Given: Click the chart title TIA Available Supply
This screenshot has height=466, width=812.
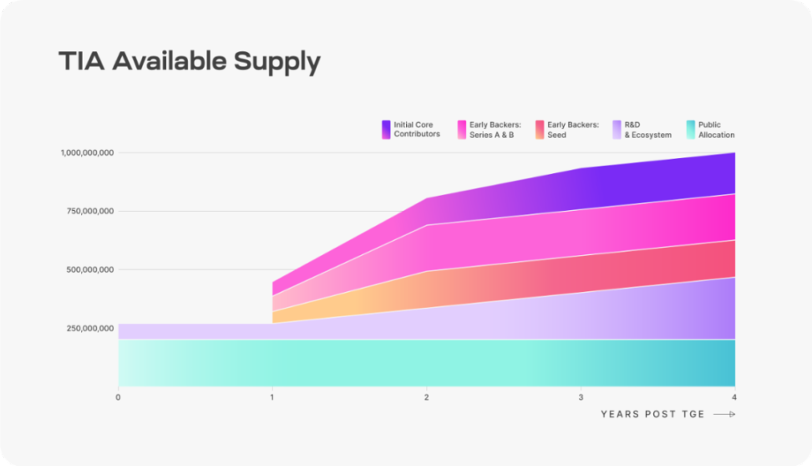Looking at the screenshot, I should tap(190, 62).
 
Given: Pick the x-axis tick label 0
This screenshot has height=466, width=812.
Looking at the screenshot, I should tap(119, 397).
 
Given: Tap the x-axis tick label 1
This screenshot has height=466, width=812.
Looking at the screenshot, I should tap(272, 397).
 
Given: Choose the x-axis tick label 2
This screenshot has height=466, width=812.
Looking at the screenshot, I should tap(427, 397).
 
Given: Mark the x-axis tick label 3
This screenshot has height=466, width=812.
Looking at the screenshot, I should tap(581, 397).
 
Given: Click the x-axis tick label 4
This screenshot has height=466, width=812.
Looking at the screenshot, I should tap(734, 397).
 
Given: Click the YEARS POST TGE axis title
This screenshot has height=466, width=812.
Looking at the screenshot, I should tap(652, 414).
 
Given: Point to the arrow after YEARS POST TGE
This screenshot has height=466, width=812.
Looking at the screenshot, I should tap(724, 414).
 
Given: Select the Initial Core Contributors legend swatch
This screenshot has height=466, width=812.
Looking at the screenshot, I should tap(386, 129).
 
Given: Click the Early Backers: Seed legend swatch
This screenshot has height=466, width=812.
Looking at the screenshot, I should tap(540, 129).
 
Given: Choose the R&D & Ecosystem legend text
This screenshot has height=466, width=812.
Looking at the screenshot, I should tap(647, 130).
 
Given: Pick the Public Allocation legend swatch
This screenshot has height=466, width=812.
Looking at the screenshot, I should tap(690, 129).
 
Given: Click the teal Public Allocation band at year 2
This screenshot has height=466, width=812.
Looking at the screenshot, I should tap(427, 362).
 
